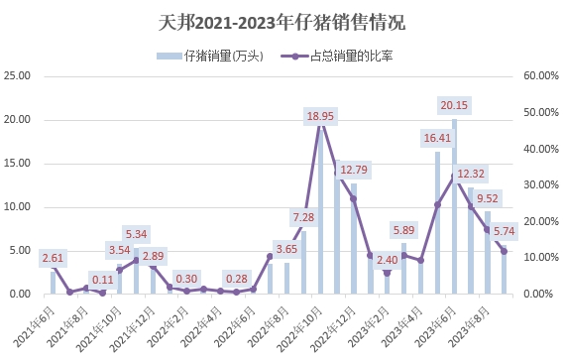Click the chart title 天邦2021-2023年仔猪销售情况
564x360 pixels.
coord(282,21)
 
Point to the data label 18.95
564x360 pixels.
coord(319,116)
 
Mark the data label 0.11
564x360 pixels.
coord(102,280)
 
